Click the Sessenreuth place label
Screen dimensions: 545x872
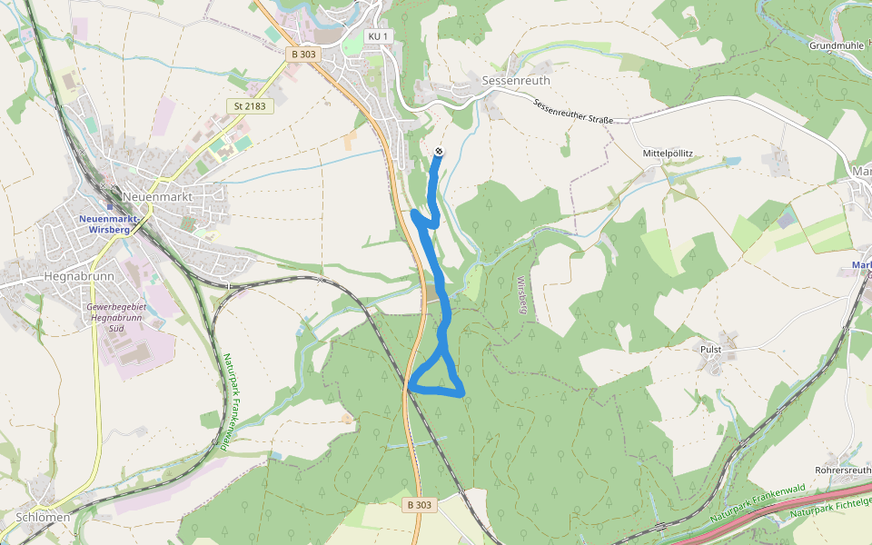(516, 80)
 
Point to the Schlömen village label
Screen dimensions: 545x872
(43, 517)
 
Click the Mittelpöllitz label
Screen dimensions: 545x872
(668, 154)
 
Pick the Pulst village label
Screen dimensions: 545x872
(711, 349)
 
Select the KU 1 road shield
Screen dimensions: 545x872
(378, 36)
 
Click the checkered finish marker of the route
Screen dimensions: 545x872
(440, 151)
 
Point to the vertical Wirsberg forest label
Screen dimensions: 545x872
(522, 293)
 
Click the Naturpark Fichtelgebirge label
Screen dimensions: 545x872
(831, 507)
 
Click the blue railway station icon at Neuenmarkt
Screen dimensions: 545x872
(109, 207)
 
